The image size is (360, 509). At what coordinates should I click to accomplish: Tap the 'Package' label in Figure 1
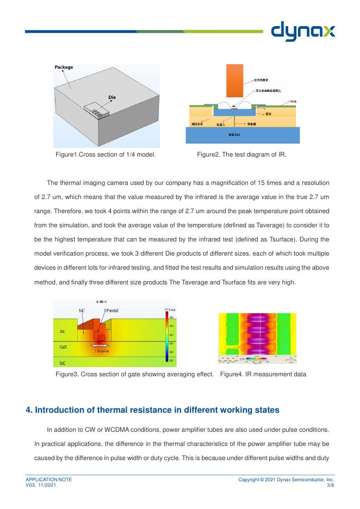[x=64, y=67]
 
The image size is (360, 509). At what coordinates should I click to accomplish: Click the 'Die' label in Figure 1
[x=112, y=97]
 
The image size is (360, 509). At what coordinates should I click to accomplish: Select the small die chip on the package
[x=97, y=110]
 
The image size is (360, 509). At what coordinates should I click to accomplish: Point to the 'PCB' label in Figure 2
[x=293, y=102]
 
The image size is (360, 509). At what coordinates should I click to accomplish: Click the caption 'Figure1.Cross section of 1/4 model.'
[x=105, y=155]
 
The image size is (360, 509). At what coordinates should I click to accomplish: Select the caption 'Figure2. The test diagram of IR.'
[x=241, y=155]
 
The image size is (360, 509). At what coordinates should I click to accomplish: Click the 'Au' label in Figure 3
[x=62, y=331]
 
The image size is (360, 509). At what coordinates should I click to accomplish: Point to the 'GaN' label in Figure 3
[x=64, y=346]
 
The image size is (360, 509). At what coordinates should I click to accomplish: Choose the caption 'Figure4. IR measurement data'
[x=263, y=374]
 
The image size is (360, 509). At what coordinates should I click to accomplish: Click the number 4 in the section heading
[x=29, y=409]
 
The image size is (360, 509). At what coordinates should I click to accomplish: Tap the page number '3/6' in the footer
[x=330, y=484]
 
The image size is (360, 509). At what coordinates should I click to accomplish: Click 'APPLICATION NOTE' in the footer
[x=49, y=479]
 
